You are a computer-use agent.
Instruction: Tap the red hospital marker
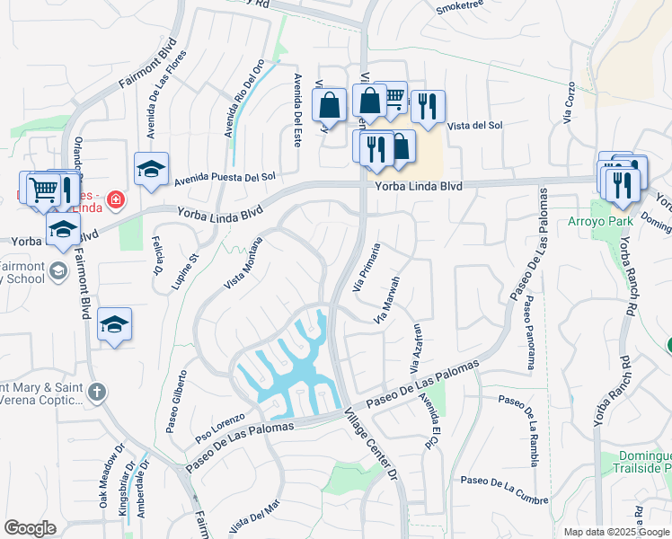[115, 199]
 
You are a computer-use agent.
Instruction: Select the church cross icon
[98, 392]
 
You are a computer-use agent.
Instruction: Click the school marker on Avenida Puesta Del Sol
[151, 168]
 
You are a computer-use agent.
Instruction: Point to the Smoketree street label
[461, 8]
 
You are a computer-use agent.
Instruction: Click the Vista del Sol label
[474, 126]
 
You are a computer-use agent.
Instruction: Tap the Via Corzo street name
[568, 102]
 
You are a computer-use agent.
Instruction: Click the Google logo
[31, 528]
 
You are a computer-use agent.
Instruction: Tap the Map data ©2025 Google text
[616, 532]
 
